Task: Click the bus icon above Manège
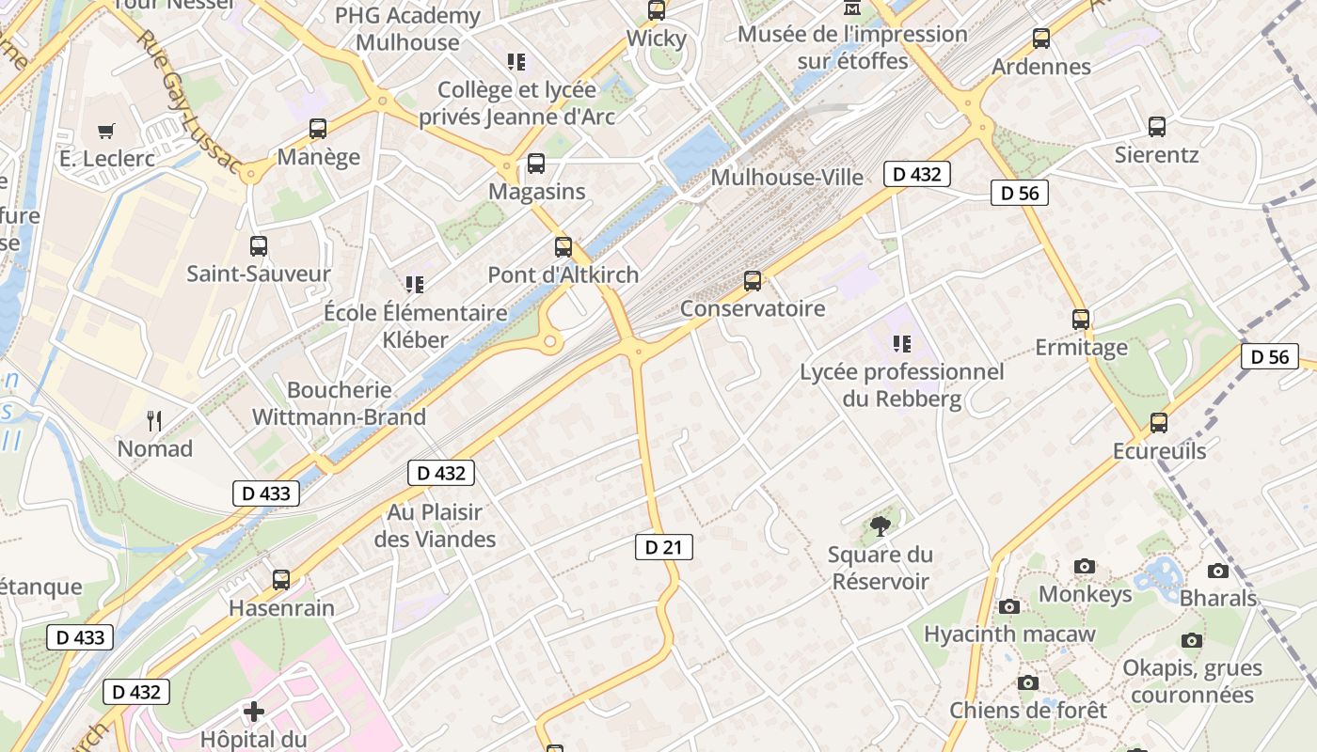coord(318,129)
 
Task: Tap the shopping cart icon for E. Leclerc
coord(106,132)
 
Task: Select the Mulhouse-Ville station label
coord(786,178)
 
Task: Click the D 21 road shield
coord(663,547)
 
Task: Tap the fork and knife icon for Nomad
coord(154,421)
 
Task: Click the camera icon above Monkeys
coord(1085,566)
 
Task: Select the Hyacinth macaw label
coord(1009,634)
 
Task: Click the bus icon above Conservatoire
coord(752,280)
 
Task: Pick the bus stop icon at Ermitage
coord(1081,320)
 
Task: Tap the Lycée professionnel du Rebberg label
coord(902,385)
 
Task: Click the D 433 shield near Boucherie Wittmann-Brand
coord(266,493)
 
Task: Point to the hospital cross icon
coord(254,712)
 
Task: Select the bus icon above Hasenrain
coord(281,580)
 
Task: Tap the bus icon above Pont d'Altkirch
coord(563,247)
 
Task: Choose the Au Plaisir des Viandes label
coord(435,525)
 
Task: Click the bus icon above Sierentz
coord(1156,126)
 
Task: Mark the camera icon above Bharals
coord(1218,571)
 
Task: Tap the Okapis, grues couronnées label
coord(1192,681)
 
